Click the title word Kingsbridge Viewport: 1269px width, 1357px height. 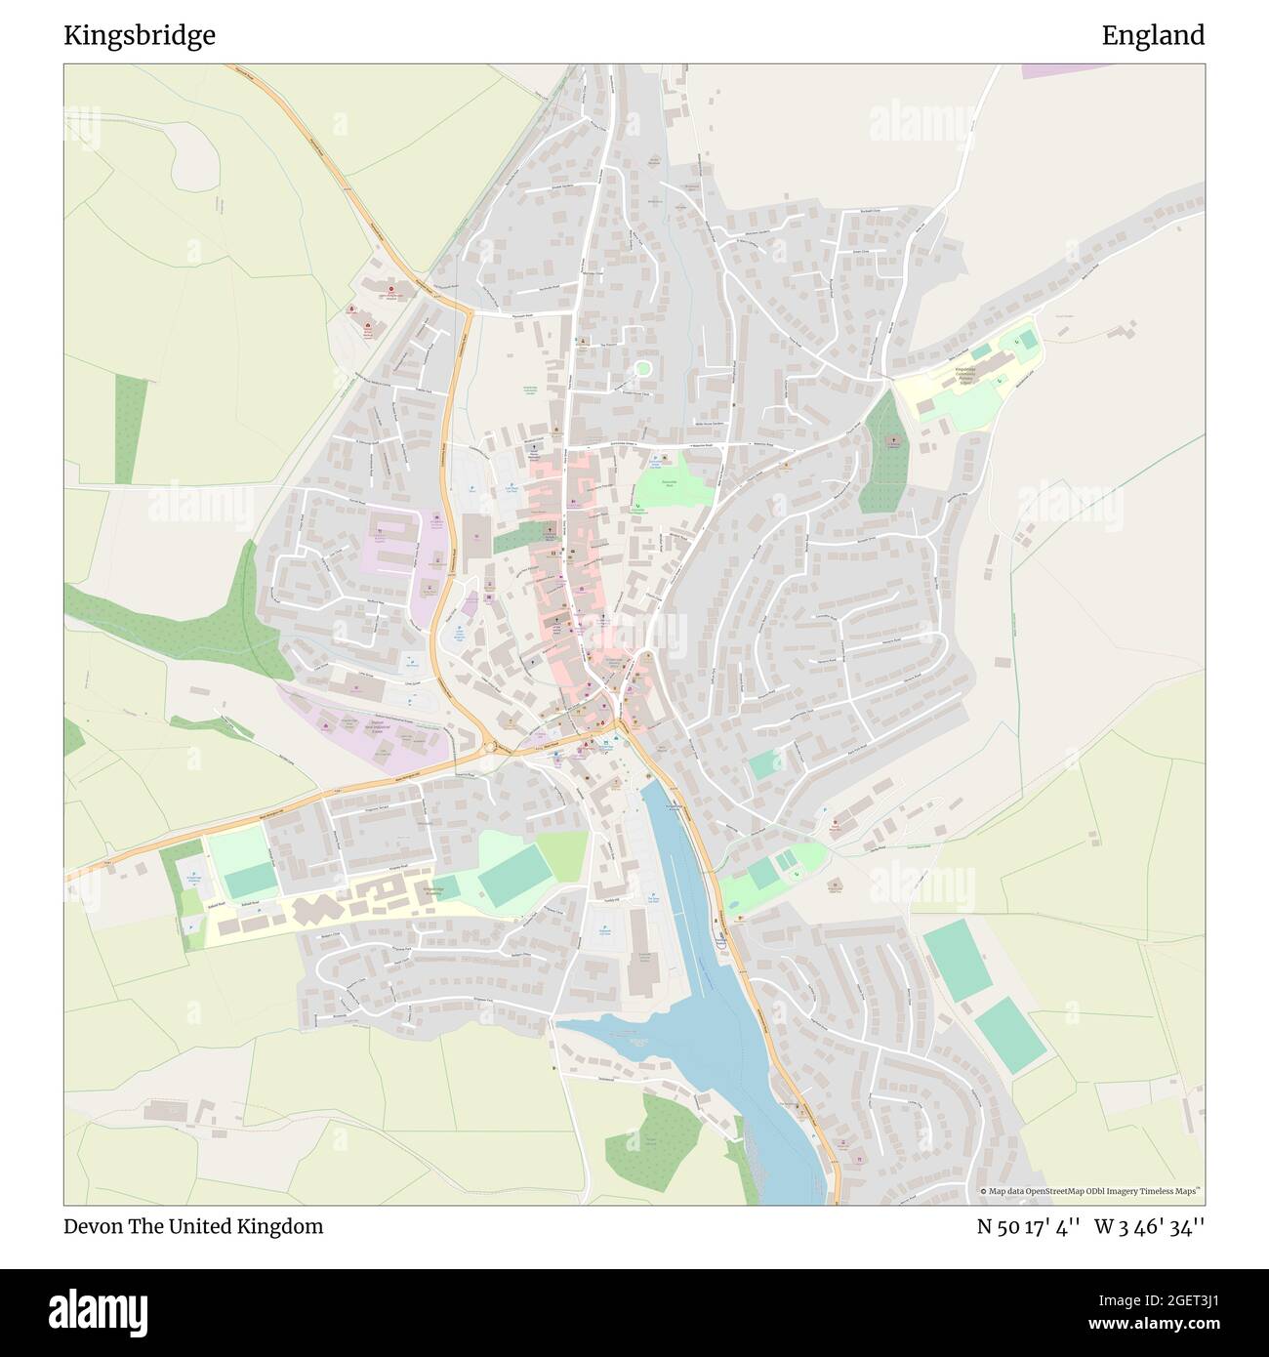[x=140, y=36]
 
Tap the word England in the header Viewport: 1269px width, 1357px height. [x=1152, y=36]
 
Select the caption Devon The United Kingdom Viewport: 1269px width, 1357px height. [x=193, y=1226]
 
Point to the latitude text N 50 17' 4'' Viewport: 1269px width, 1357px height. [x=1027, y=1226]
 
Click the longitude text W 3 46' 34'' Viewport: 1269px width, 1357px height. [x=1149, y=1226]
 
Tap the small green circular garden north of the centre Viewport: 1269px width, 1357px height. [x=642, y=368]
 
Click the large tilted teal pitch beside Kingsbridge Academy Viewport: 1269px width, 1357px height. [x=514, y=873]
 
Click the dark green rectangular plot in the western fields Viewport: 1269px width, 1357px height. [x=131, y=430]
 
